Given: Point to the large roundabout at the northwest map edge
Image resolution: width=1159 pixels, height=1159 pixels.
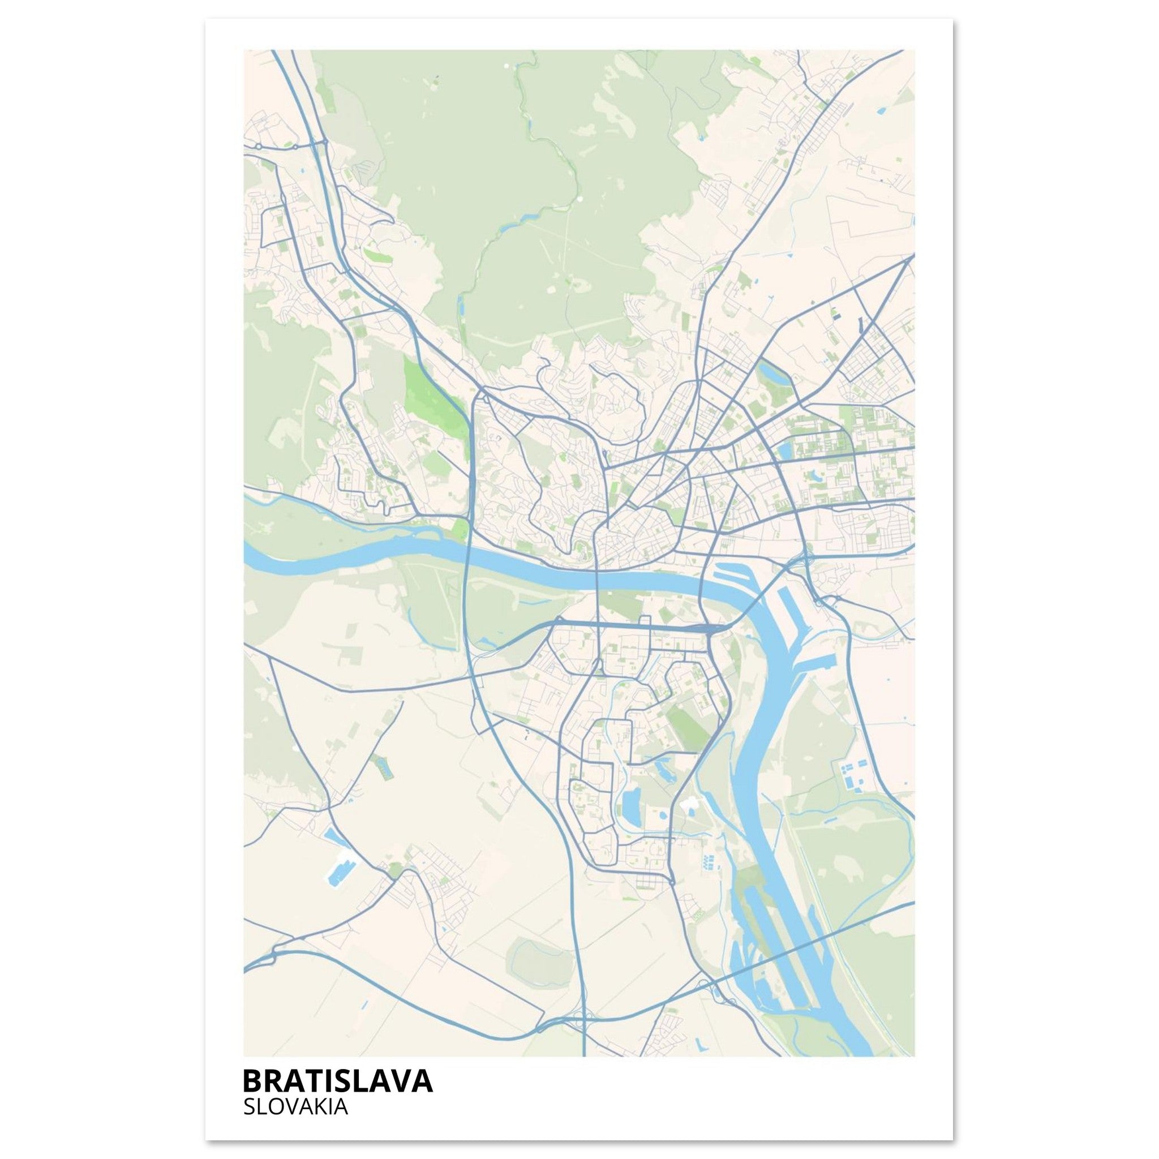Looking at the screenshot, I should point(258,147).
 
